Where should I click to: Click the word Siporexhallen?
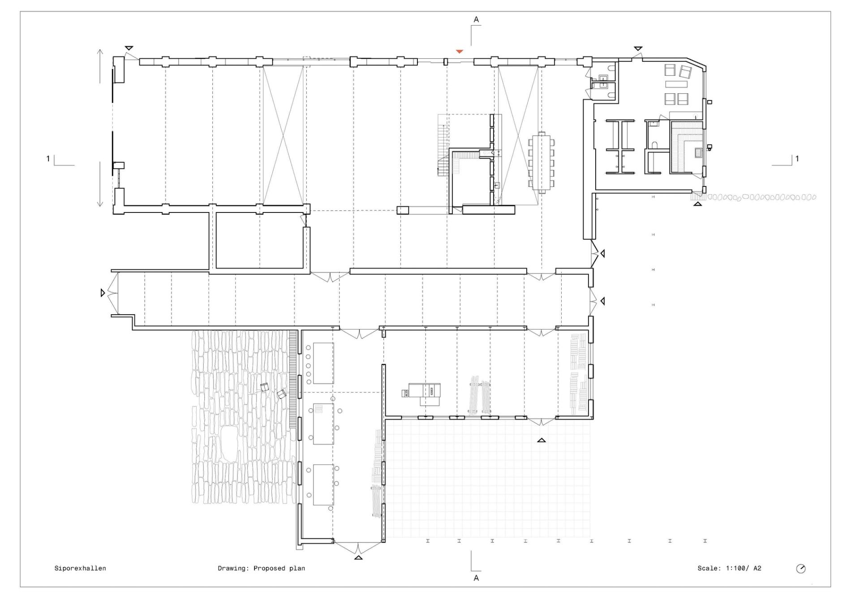click(x=80, y=568)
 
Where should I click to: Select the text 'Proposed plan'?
click(x=279, y=568)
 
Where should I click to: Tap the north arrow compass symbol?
click(x=801, y=569)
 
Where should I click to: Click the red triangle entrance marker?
click(x=460, y=52)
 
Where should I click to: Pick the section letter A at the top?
click(x=476, y=19)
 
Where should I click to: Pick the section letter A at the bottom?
click(x=476, y=578)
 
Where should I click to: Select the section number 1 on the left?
click(x=48, y=158)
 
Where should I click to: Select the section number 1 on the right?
click(x=797, y=158)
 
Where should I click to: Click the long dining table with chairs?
click(x=542, y=162)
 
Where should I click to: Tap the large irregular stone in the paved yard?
click(x=231, y=444)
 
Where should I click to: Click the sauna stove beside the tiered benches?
click(x=699, y=153)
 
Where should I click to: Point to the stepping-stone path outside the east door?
click(x=761, y=197)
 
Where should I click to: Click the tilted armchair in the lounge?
click(x=685, y=72)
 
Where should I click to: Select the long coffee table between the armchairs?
click(x=676, y=84)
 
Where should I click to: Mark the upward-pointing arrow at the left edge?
click(x=100, y=66)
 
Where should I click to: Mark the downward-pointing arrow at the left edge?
click(x=100, y=184)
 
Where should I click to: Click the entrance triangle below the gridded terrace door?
click(x=542, y=440)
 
